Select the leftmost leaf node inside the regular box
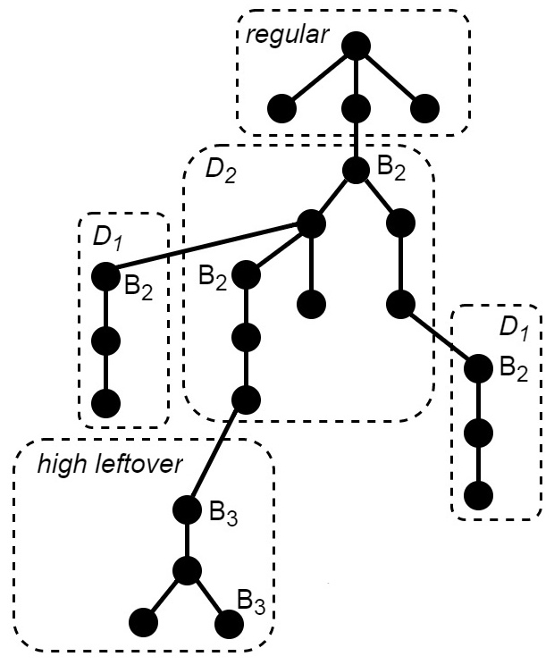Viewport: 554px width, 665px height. pos(281,109)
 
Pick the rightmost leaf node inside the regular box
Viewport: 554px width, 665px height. pos(424,109)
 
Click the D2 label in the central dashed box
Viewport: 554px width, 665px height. pos(221,171)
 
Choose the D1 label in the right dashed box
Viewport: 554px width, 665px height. pos(513,328)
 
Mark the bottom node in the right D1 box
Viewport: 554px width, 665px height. pos(479,494)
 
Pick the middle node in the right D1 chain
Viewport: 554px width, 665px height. pos(479,434)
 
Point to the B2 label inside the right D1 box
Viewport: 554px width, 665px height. pos(514,367)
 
